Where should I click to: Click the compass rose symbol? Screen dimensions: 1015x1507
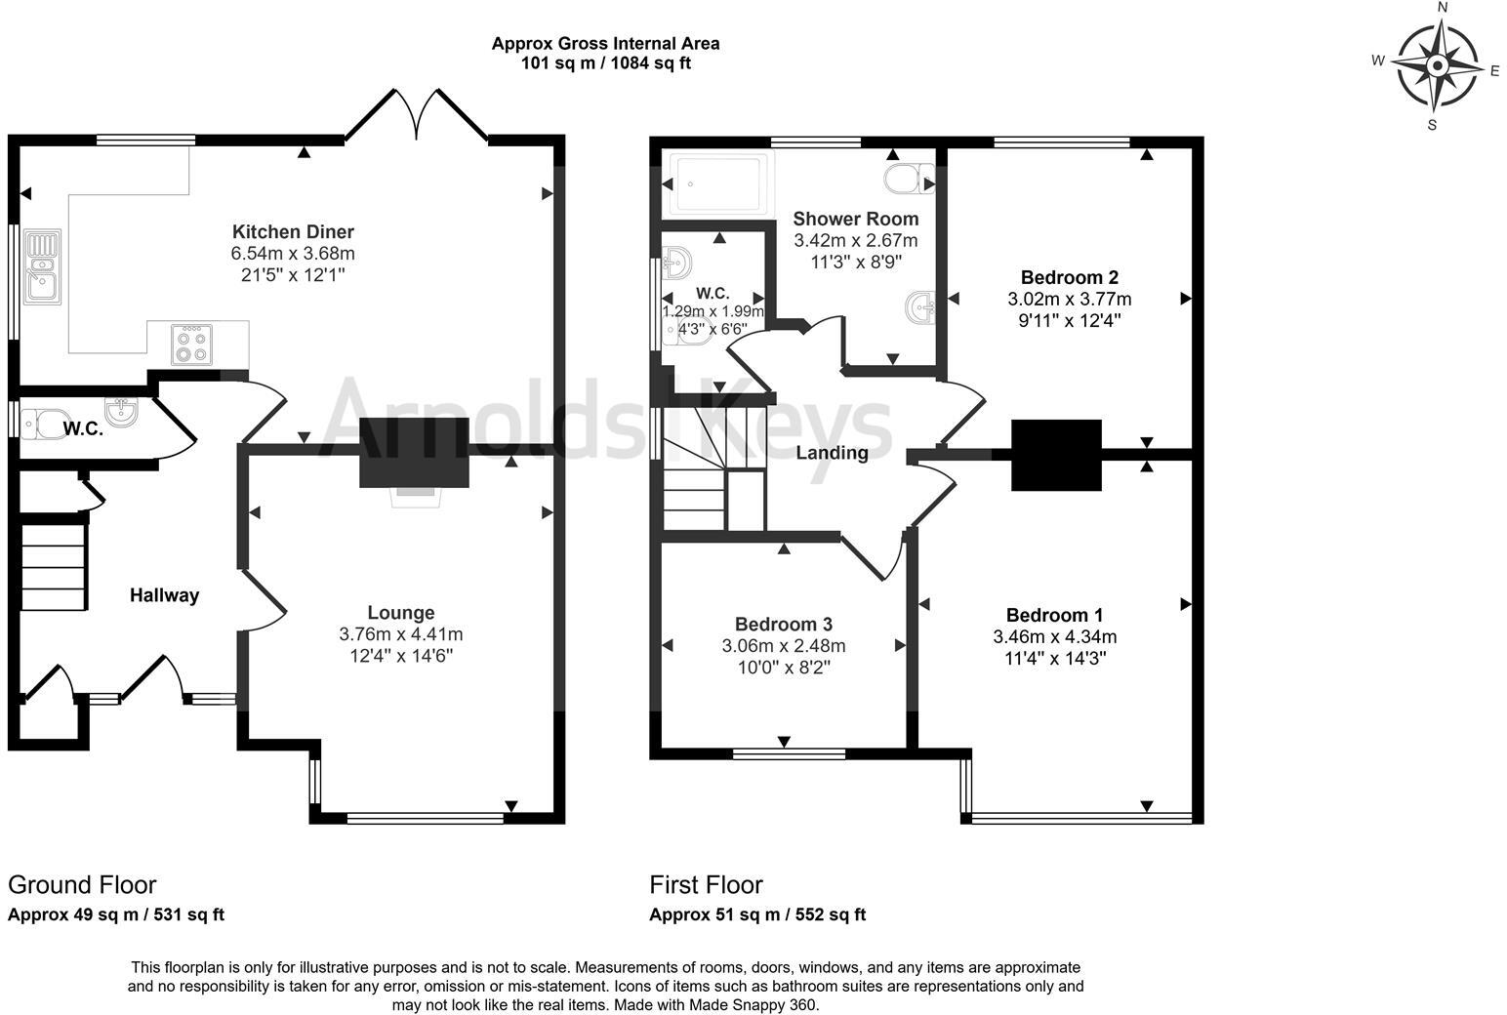[1436, 66]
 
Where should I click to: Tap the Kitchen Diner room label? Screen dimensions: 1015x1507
[293, 232]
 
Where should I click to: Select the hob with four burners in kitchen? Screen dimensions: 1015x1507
[192, 344]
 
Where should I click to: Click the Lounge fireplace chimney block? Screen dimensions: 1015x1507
[415, 452]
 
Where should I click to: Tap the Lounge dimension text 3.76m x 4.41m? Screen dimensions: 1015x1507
[400, 634]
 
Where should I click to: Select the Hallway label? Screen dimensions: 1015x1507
[165, 595]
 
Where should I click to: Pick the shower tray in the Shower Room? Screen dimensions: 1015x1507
[716, 183]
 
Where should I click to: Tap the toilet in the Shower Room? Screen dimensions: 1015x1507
[908, 179]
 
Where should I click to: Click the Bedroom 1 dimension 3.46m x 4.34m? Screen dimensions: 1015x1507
[1054, 637]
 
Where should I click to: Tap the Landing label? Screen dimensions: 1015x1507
[832, 453]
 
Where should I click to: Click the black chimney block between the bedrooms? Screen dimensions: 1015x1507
[1056, 455]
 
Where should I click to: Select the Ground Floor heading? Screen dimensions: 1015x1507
[82, 885]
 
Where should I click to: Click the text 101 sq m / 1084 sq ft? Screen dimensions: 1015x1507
[605, 63]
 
